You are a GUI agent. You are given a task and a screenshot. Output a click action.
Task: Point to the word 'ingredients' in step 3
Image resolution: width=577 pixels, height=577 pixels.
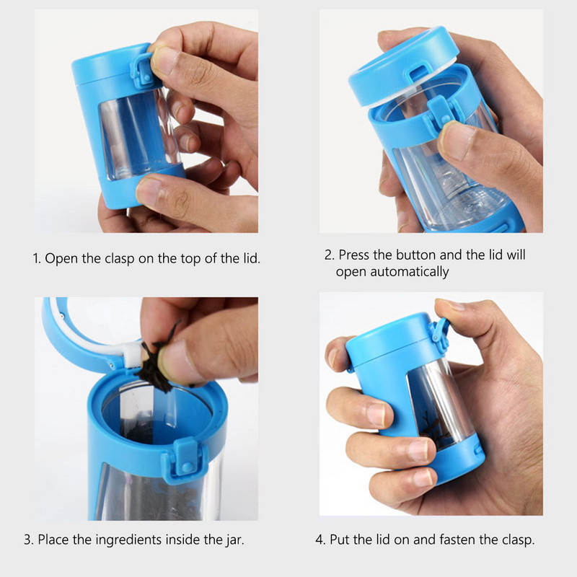pyautogui.click(x=128, y=539)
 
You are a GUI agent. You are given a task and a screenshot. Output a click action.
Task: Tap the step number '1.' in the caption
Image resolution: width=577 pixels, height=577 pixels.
pyautogui.click(x=37, y=259)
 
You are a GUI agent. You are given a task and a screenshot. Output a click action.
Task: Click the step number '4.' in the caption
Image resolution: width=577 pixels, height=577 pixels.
pyautogui.click(x=320, y=539)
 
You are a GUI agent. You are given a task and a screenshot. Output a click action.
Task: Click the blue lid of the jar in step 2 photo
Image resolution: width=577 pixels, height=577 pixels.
pyautogui.click(x=403, y=66)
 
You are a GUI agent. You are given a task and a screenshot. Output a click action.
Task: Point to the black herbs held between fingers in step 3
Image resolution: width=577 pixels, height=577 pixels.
pyautogui.click(x=158, y=358)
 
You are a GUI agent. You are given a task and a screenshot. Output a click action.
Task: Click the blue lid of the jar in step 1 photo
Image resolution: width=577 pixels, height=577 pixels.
pyautogui.click(x=107, y=67)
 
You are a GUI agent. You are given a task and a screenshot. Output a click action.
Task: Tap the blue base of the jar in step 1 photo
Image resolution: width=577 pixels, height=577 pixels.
pyautogui.click(x=144, y=187)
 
